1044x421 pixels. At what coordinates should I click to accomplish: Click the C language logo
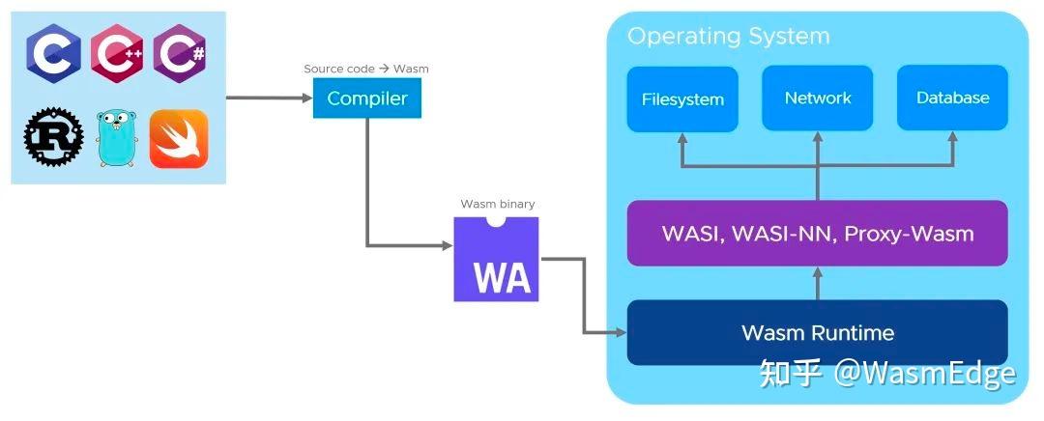pyautogui.click(x=53, y=53)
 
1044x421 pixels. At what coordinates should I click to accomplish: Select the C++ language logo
pyautogui.click(x=117, y=53)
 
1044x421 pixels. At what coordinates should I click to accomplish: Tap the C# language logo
pyautogui.click(x=179, y=53)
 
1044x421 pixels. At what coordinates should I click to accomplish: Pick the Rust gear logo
pyautogui.click(x=53, y=137)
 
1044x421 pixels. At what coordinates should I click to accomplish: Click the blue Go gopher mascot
pyautogui.click(x=115, y=137)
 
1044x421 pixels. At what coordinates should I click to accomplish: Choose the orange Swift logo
pyautogui.click(x=179, y=137)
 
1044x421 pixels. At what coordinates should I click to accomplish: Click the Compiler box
pyautogui.click(x=366, y=98)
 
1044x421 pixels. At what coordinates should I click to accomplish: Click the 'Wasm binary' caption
pyautogui.click(x=497, y=204)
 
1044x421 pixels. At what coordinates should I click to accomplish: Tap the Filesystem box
pyautogui.click(x=682, y=98)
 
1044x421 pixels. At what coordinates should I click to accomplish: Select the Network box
pyautogui.click(x=818, y=98)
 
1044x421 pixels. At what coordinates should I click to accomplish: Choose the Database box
pyautogui.click(x=952, y=98)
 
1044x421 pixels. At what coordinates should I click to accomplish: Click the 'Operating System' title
pyautogui.click(x=728, y=37)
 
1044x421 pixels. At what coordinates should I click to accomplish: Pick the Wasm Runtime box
pyautogui.click(x=817, y=333)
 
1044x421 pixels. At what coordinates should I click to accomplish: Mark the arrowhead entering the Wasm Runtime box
pyautogui.click(x=621, y=333)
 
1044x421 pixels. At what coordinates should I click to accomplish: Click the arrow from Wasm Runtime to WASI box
pyautogui.click(x=817, y=283)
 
